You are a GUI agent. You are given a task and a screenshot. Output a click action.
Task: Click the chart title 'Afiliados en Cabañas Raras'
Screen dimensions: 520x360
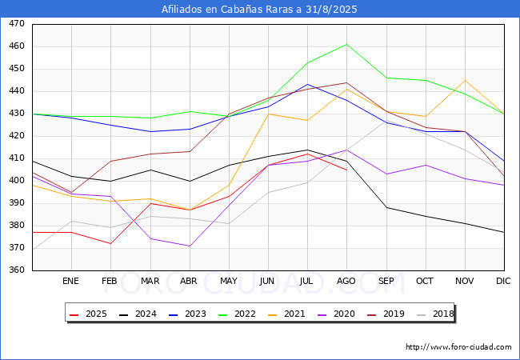coord(231,10)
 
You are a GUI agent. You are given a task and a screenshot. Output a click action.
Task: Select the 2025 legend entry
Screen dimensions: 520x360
coord(88,314)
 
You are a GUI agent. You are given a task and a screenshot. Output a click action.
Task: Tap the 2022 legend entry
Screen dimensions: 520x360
coord(237,314)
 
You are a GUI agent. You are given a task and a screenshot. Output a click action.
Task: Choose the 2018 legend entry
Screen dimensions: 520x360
coord(435,314)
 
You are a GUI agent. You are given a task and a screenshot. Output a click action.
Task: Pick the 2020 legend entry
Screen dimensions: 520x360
coord(336,314)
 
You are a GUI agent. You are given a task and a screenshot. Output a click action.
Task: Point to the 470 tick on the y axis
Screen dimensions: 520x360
coord(17,24)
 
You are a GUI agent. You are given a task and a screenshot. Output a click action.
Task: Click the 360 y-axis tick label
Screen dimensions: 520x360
coord(17,270)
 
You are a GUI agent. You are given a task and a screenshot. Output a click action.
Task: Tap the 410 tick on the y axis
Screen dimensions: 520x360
coord(17,158)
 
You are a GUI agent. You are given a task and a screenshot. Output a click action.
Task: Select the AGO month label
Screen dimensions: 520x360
coord(346,281)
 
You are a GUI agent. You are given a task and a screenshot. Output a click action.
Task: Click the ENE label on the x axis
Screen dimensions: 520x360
coord(70,281)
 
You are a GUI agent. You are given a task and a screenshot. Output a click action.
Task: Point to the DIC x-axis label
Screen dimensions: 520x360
coord(503,281)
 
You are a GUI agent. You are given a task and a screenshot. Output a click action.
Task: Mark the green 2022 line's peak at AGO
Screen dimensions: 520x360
coord(347,44)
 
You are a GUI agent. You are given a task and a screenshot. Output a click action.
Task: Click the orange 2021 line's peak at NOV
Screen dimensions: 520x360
coord(466,80)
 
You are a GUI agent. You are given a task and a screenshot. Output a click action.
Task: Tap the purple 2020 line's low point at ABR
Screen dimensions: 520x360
coord(190,246)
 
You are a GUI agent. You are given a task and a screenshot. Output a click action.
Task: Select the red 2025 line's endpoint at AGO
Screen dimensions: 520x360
coord(347,170)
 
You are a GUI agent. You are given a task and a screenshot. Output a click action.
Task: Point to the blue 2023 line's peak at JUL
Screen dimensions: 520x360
coord(307,84)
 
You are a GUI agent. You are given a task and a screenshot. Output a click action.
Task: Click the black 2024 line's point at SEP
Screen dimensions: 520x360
coord(386,207)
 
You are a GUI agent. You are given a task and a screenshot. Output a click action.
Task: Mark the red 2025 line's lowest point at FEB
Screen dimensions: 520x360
coord(110,244)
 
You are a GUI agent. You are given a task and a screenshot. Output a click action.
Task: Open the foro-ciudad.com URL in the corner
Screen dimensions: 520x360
coord(458,347)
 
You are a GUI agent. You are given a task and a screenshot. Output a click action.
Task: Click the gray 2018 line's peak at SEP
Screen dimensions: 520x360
coord(386,120)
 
